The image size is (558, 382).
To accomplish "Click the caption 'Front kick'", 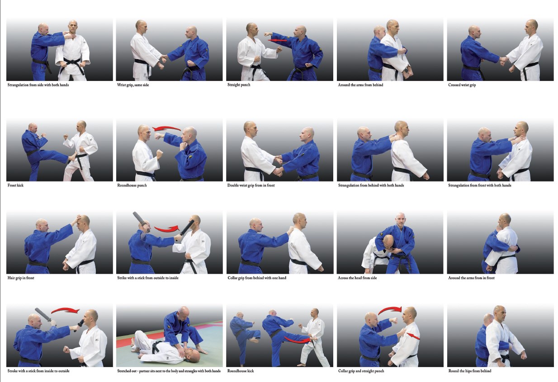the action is [x=15, y=185].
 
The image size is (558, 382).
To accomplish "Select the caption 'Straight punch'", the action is [x=239, y=85].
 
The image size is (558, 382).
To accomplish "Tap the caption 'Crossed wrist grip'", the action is [x=462, y=85].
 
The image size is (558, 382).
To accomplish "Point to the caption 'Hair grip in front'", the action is [x=21, y=278].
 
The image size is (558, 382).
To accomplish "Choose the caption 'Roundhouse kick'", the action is [x=241, y=371].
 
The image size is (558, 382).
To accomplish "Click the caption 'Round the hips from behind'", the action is [x=469, y=371].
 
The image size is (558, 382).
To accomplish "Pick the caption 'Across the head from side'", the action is [x=357, y=278].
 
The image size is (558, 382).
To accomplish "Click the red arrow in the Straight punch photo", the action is [x=277, y=40].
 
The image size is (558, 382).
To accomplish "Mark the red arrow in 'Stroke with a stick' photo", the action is [x=65, y=310].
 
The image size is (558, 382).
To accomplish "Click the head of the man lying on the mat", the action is [x=192, y=354].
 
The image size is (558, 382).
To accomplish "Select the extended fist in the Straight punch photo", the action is [x=267, y=34].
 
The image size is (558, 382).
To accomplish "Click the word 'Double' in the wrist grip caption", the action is [x=233, y=185].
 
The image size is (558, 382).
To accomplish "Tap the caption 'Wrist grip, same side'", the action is [x=133, y=85].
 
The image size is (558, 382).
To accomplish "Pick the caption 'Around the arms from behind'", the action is [x=360, y=85].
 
